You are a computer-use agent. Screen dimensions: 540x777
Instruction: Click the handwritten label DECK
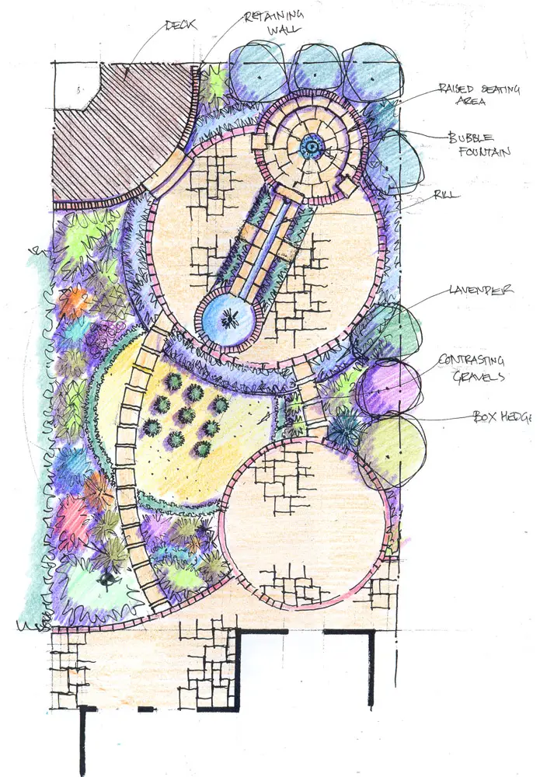coord(181,25)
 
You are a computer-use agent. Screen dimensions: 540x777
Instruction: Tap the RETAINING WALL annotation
coord(274,22)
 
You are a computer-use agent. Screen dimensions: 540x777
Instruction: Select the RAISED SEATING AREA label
coord(479,95)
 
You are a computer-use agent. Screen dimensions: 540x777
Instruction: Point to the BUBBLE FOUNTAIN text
coord(479,145)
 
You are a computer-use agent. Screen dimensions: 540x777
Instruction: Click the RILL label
coord(446,195)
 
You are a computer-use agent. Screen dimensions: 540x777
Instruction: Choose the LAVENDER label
coord(481,290)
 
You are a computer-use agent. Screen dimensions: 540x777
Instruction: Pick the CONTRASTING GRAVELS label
coord(472,368)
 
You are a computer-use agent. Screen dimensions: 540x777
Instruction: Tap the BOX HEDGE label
coord(502,416)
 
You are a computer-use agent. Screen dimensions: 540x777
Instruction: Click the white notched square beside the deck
coord(76,86)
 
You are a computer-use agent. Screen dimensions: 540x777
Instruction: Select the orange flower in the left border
coord(73,302)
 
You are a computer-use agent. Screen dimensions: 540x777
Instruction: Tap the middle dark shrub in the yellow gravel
coord(186,415)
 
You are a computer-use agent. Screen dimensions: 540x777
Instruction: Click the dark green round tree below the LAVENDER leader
coord(387,331)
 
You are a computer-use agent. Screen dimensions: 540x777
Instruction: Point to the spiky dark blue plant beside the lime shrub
coord(343,429)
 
